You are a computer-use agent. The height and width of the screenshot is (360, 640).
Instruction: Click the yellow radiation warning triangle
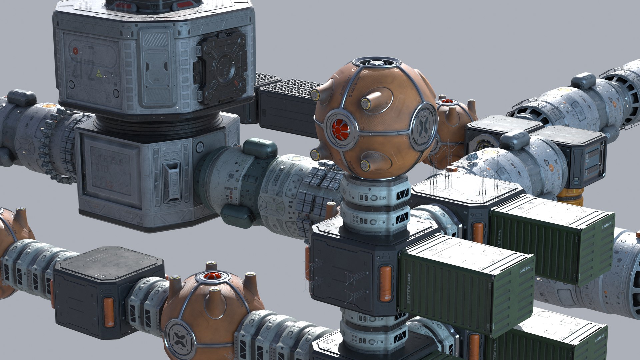[x=99, y=74]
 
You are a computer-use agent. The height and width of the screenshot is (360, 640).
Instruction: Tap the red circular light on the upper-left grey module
[x=75, y=51]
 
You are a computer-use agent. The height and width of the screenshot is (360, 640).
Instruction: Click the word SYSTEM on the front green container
[x=407, y=293]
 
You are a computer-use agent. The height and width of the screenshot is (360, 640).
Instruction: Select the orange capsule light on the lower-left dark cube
[x=109, y=312]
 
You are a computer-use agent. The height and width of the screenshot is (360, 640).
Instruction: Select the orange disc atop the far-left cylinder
[x=50, y=106]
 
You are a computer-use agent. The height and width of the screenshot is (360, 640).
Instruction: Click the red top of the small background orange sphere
[x=447, y=101]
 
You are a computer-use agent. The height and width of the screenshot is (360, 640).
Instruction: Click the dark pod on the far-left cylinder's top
[x=22, y=97]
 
